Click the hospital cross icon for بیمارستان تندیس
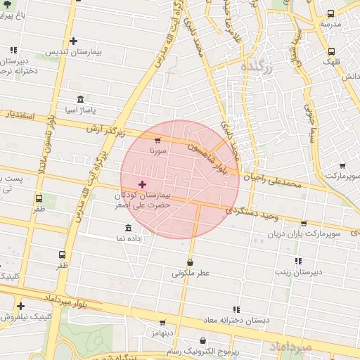(73, 41)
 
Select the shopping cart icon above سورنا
(157, 141)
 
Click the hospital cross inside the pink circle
(142, 184)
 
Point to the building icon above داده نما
(127, 229)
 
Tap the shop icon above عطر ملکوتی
(191, 262)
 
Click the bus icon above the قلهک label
(330, 51)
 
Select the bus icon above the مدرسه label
(330, 13)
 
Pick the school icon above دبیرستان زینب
(298, 261)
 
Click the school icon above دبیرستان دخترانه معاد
(236, 309)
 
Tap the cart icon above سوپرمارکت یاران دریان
(303, 223)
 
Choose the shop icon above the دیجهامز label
(162, 323)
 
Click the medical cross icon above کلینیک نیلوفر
(21, 306)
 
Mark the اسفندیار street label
(20, 114)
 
